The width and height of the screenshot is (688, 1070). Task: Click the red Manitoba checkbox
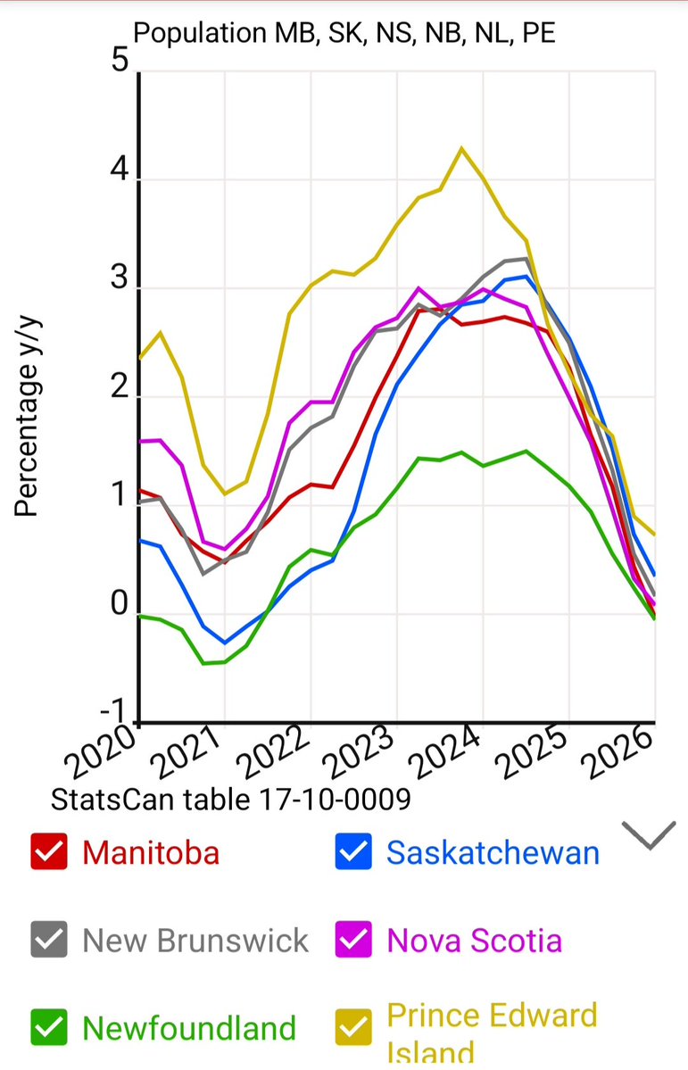pyautogui.click(x=49, y=851)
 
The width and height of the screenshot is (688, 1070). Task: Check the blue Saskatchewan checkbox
pyautogui.click(x=353, y=851)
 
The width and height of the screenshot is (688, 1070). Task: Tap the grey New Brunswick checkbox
pyautogui.click(x=49, y=940)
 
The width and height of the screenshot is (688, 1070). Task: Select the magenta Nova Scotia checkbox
pyautogui.click(x=353, y=940)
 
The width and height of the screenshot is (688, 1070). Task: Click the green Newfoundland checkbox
pyautogui.click(x=49, y=1028)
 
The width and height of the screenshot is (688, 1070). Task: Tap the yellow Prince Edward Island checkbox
pyautogui.click(x=353, y=1028)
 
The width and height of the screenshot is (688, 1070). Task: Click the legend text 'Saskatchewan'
pyautogui.click(x=493, y=852)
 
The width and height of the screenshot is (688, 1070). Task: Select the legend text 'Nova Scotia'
pyautogui.click(x=475, y=940)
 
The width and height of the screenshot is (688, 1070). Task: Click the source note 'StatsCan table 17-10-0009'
pyautogui.click(x=231, y=799)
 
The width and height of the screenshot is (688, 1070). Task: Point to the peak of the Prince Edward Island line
pyautogui.click(x=461, y=148)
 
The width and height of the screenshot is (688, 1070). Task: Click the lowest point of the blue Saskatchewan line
pyautogui.click(x=225, y=643)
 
